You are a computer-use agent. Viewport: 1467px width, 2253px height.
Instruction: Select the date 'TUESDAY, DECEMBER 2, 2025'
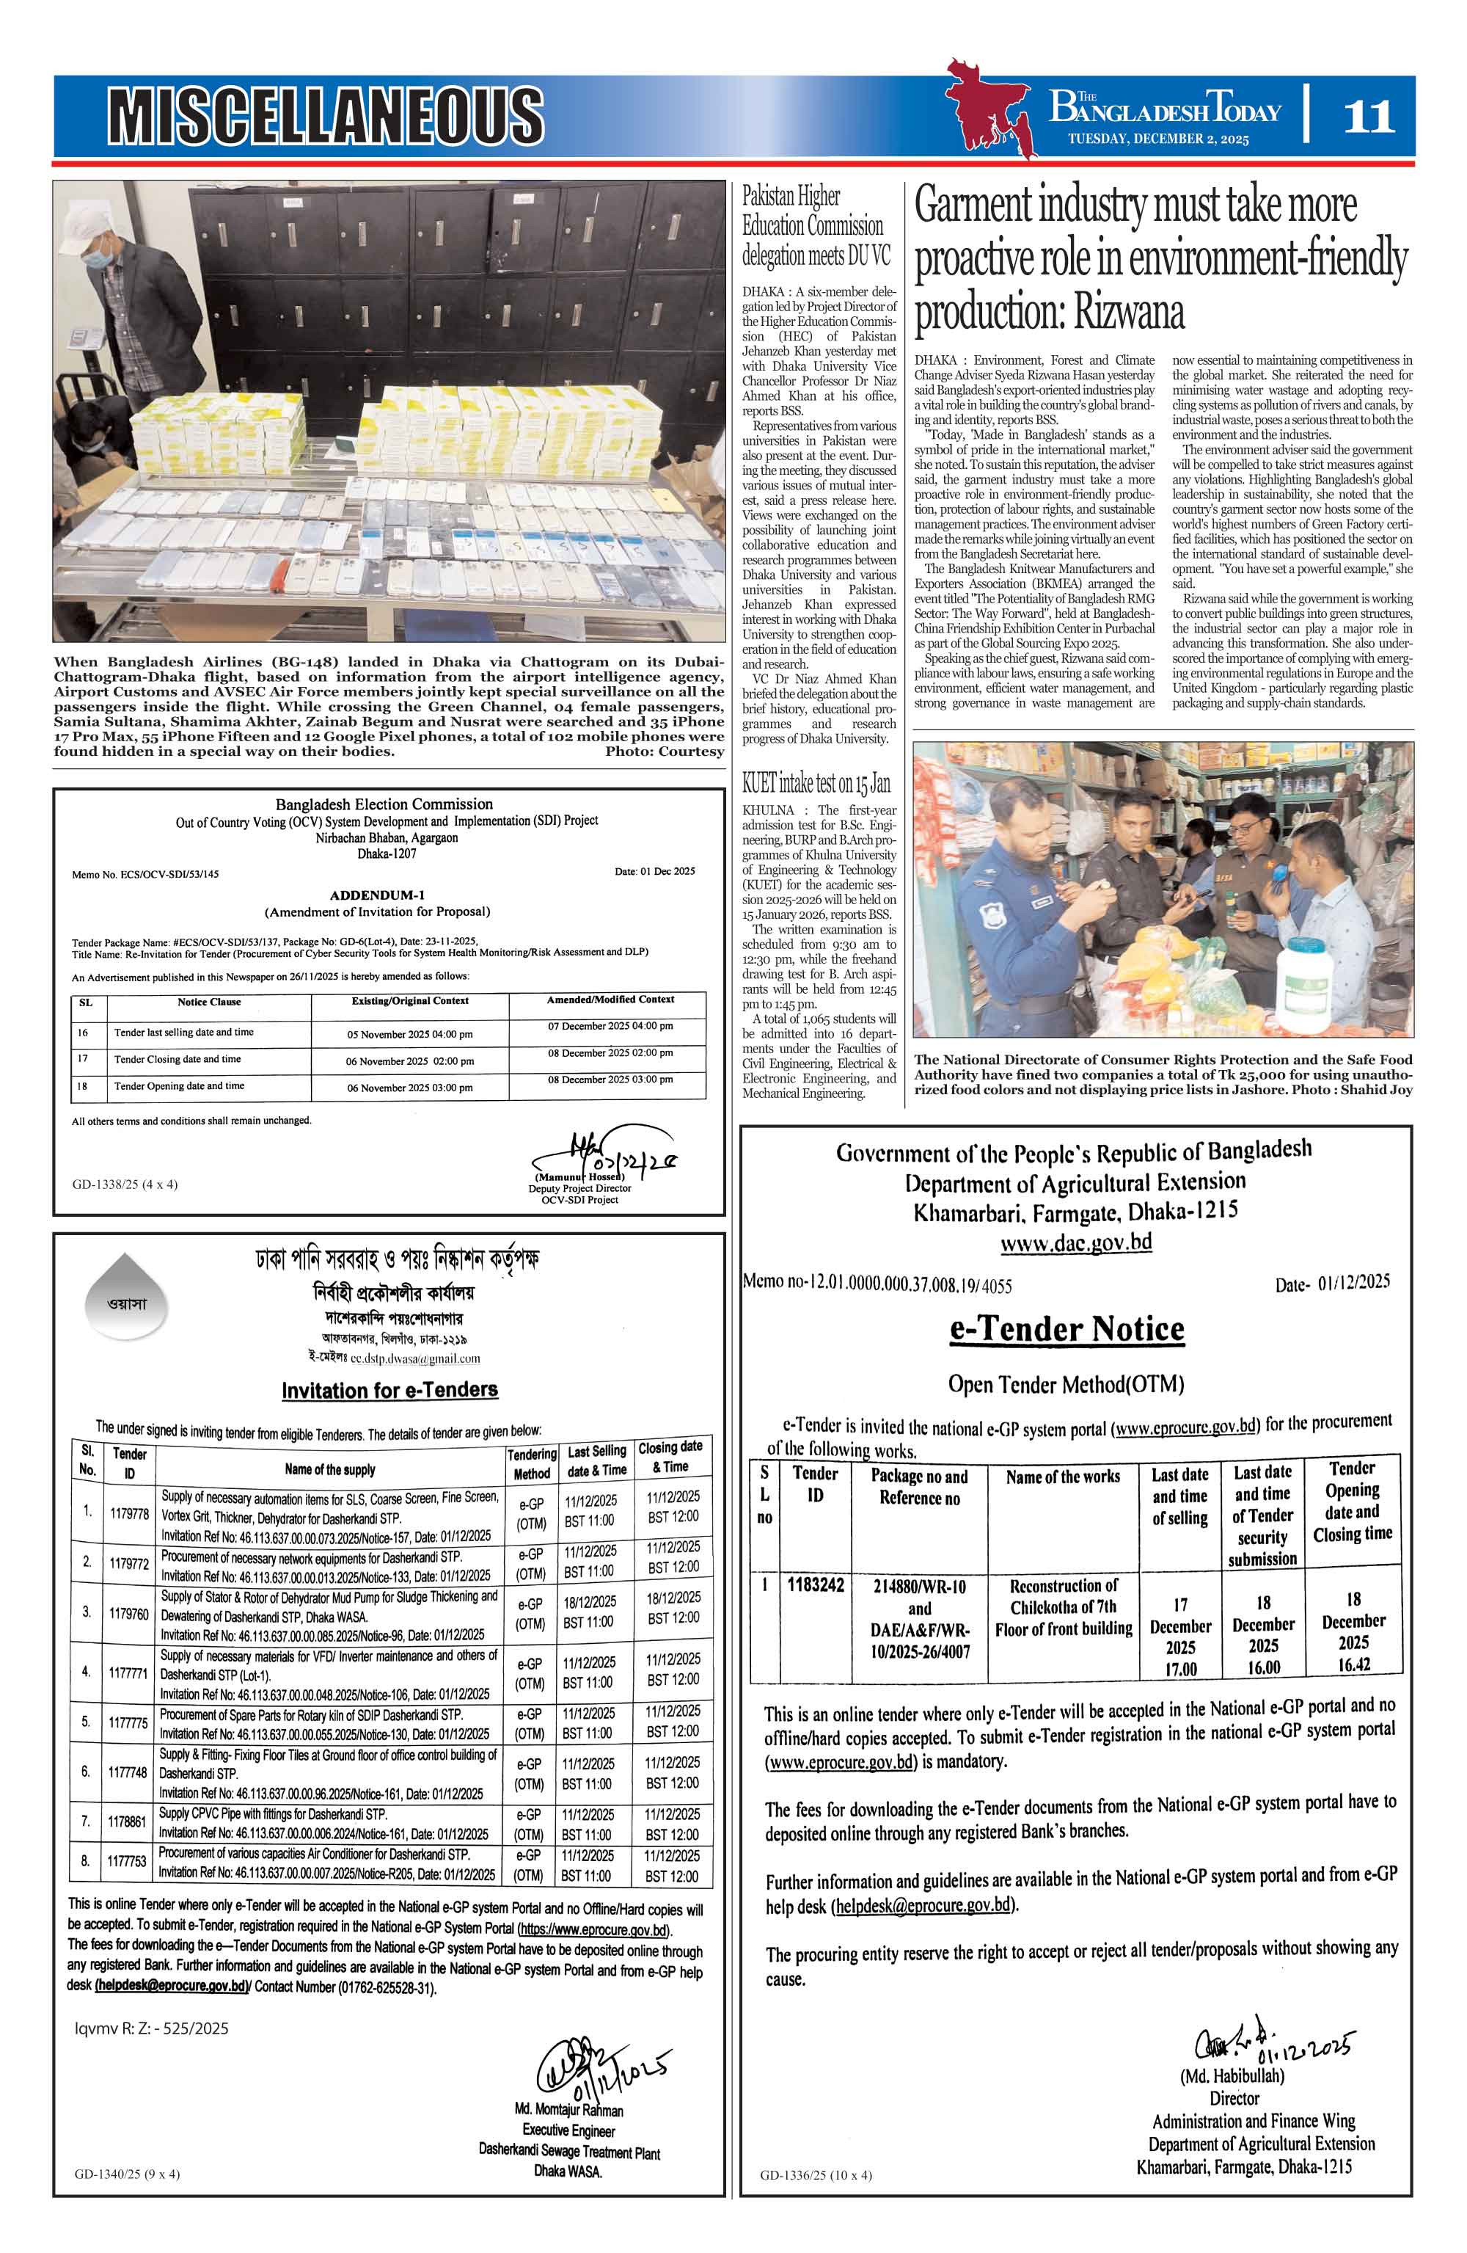[x=1157, y=139]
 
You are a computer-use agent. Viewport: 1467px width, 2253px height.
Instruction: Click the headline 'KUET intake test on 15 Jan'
[x=816, y=783]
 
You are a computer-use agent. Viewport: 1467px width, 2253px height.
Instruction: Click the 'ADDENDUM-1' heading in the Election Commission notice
[x=377, y=895]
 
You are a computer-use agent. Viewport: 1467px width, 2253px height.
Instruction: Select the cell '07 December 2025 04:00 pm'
[x=610, y=1026]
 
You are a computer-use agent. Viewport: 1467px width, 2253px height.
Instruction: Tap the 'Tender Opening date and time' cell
[x=179, y=1086]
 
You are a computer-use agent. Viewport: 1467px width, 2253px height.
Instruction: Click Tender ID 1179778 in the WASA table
[x=128, y=1514]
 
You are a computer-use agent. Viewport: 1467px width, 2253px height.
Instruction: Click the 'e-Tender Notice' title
[x=1067, y=1329]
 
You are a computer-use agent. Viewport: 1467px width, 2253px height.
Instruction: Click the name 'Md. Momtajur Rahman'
[x=568, y=2110]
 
